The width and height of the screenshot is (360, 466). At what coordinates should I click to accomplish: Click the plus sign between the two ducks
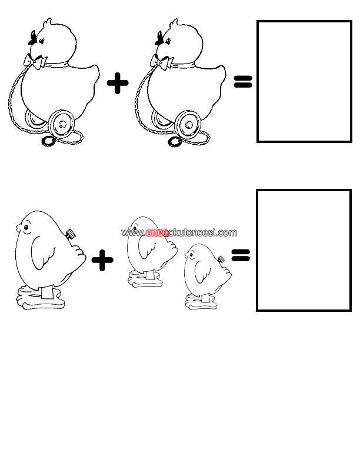coord(118,83)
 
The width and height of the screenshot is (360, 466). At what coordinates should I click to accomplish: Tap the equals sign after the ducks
coord(243,81)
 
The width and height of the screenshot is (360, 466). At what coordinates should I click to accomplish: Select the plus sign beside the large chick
coord(102,260)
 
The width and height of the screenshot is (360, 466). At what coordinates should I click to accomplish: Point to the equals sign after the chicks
coord(241,255)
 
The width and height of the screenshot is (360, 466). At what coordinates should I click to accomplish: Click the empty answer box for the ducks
coord(304,81)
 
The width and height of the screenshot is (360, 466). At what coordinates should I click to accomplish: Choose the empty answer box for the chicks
coord(304,250)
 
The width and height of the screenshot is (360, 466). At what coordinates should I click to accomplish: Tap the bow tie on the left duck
coord(35,61)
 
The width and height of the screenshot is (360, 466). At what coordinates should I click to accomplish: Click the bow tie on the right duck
coord(161,62)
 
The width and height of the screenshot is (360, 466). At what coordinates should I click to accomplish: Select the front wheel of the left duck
coord(62,124)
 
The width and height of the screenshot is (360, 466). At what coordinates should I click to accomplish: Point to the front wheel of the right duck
coord(188,124)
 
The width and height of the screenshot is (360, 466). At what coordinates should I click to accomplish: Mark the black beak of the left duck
coord(33,38)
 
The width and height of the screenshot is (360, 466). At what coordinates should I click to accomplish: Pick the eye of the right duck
coord(169,40)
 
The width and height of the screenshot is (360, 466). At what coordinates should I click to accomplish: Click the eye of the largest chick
coord(26,228)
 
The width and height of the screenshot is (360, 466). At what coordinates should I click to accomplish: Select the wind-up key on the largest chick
coord(71,235)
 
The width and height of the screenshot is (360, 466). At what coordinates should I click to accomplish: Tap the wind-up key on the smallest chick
coord(221,259)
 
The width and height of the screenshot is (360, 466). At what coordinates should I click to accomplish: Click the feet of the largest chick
coord(41,298)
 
